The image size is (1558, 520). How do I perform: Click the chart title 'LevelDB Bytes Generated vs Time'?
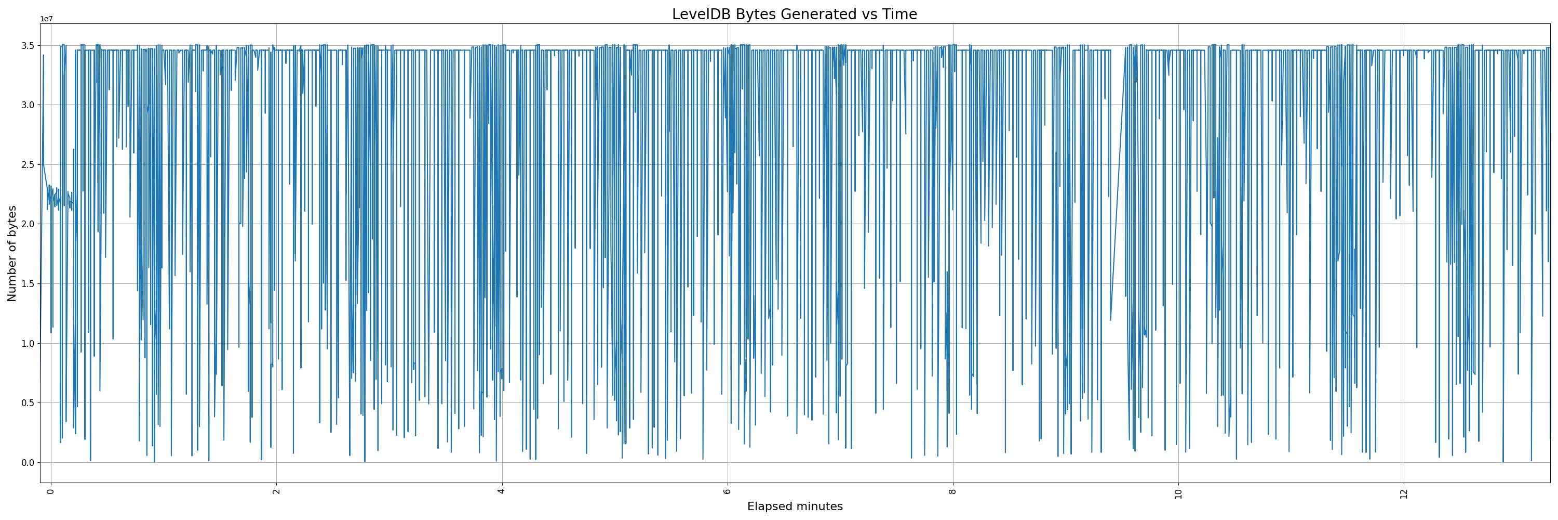pyautogui.click(x=794, y=15)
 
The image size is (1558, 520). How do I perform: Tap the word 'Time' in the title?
pyautogui.click(x=901, y=15)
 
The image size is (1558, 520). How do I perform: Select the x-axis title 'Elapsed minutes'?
pyautogui.click(x=795, y=506)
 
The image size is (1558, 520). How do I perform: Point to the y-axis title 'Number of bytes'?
pyautogui.click(x=12, y=253)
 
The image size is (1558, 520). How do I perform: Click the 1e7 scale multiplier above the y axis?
pyautogui.click(x=47, y=19)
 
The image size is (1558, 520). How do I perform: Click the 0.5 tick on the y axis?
pyautogui.click(x=27, y=403)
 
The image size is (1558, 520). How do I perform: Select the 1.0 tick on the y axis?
pyautogui.click(x=27, y=344)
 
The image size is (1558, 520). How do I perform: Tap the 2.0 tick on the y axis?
pyautogui.click(x=27, y=225)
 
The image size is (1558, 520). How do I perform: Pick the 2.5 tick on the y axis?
pyautogui.click(x=27, y=165)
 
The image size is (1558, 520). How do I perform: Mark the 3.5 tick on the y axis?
pyautogui.click(x=27, y=46)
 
